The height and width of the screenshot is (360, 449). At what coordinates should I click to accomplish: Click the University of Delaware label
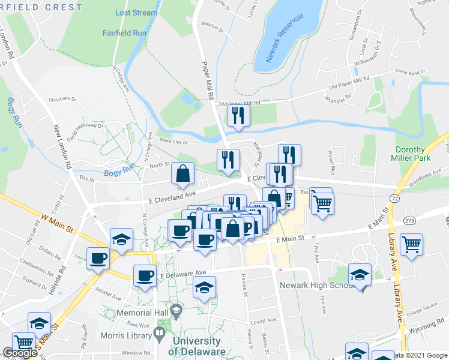tap(199, 346)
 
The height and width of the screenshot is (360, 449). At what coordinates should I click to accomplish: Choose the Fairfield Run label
tap(125, 34)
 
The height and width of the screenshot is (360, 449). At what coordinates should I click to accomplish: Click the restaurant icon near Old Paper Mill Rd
tap(238, 115)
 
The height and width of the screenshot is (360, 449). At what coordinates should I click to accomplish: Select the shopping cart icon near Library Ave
tap(411, 244)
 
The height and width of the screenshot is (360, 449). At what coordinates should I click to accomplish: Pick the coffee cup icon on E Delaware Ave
tap(144, 275)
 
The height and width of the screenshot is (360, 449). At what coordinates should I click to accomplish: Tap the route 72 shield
tap(394, 197)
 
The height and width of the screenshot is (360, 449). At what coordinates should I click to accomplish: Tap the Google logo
tap(20, 353)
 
